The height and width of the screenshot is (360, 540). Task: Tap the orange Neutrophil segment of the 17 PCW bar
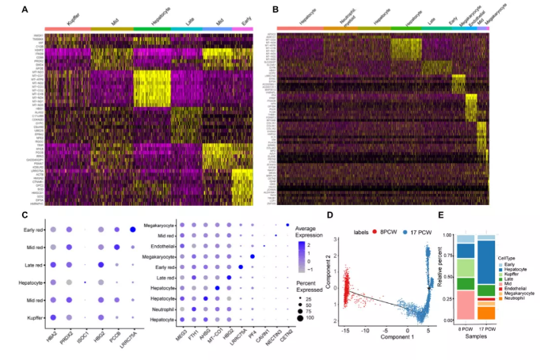pyautogui.click(x=486, y=313)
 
